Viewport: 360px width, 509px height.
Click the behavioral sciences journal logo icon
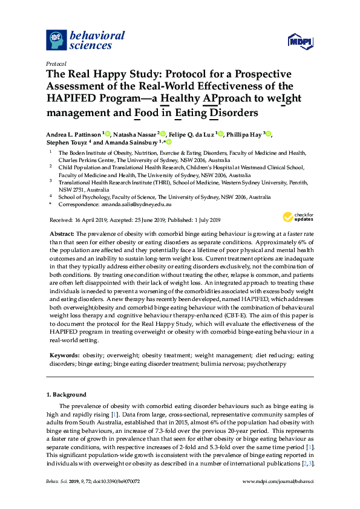click(57, 40)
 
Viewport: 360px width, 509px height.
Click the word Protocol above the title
click(56, 63)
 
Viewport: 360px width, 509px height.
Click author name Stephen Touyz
click(67, 143)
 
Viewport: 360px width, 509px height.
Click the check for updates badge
click(296, 216)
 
